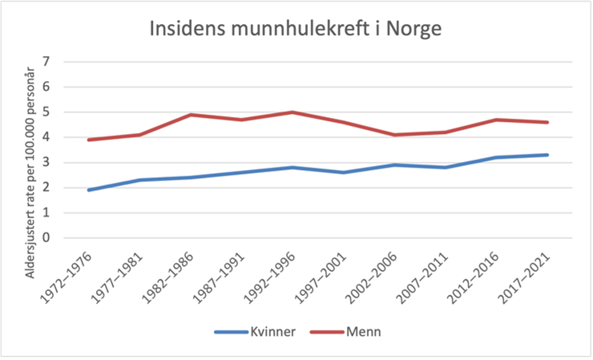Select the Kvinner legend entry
[x=257, y=332]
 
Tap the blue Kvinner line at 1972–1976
[x=88, y=190]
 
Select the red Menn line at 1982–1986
[x=192, y=115]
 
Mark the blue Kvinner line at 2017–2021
[x=547, y=155]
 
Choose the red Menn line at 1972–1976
[x=88, y=140]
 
